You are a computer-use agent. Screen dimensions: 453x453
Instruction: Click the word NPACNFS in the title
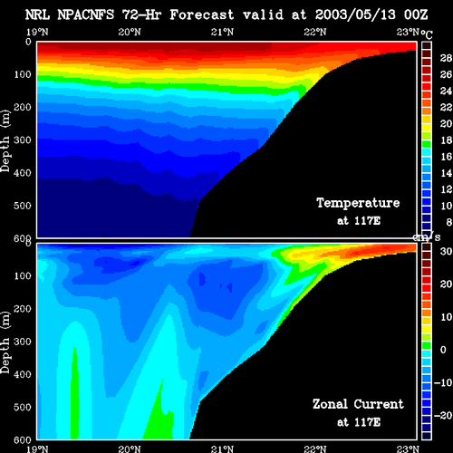86,14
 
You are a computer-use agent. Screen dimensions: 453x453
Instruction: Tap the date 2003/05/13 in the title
355,14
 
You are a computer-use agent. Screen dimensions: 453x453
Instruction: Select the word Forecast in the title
202,14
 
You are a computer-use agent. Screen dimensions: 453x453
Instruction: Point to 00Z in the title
416,14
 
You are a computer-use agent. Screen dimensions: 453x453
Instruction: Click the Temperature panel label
358,203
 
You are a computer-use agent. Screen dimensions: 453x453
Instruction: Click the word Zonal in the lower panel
330,404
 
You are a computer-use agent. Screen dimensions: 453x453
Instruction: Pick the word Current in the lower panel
379,404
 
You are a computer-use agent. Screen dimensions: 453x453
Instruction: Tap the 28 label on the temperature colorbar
446,58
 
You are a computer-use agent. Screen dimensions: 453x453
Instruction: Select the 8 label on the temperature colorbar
449,222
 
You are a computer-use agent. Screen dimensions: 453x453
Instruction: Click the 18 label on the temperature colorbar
446,140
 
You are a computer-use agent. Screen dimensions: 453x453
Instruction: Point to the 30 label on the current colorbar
446,251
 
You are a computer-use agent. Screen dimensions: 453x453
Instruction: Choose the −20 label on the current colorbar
443,416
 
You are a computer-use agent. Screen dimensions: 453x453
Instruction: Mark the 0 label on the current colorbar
443,350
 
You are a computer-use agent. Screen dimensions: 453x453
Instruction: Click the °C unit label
427,35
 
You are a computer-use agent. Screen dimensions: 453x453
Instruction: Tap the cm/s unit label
427,237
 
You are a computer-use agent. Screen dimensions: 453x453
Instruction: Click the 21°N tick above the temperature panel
222,32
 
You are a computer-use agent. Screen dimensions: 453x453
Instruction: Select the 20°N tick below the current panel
130,449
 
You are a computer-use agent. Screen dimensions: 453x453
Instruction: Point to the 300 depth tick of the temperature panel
23,140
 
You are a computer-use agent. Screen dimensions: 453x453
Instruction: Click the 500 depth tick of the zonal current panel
23,407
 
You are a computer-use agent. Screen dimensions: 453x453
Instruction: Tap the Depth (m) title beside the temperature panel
5,140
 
